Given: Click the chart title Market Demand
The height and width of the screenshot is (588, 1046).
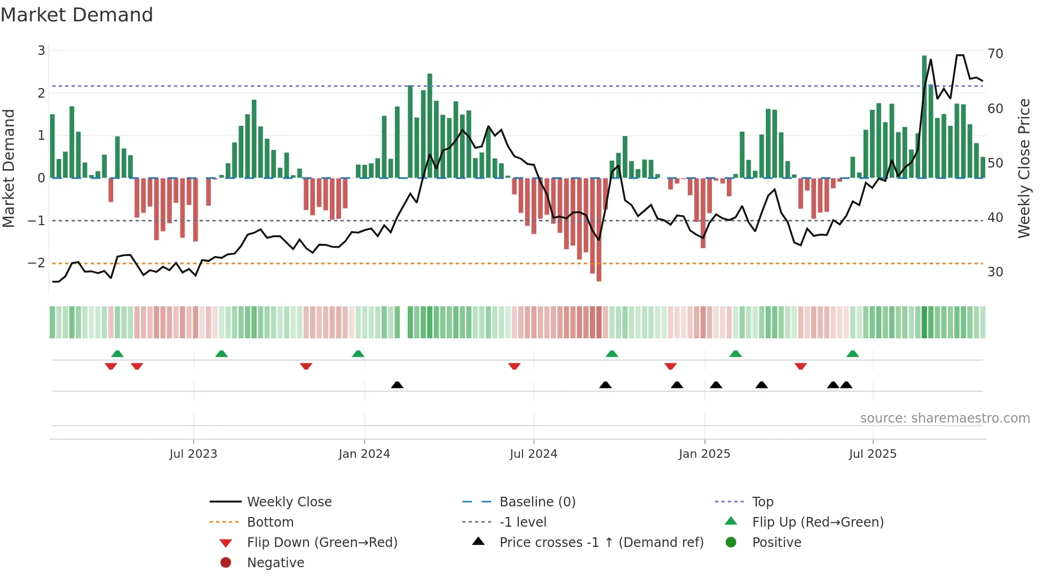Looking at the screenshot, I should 77,15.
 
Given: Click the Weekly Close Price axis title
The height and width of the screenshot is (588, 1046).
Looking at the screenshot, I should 1024,168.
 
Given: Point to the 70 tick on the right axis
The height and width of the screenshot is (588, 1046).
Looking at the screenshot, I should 995,54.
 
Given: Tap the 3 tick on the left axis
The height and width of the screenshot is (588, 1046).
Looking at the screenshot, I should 41,51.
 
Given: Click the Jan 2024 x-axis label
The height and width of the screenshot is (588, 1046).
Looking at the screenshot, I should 364,454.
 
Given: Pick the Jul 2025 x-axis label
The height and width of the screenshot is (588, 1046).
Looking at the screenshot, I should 873,454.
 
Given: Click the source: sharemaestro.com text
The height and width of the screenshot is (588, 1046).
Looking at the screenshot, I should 945,418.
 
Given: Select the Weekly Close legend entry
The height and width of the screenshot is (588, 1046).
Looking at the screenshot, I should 289,502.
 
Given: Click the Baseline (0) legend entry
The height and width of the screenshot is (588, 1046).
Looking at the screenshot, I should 537,502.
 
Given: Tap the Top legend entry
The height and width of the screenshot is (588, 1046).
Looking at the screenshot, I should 762,502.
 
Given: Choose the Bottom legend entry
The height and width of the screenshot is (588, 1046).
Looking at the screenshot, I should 270,522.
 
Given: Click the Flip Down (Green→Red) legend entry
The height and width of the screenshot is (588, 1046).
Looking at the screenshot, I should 322,543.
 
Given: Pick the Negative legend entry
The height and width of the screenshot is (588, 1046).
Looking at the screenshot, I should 275,563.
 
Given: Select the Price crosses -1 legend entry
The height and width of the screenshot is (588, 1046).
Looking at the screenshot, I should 601,543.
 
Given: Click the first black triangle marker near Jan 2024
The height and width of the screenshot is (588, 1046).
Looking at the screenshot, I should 397,385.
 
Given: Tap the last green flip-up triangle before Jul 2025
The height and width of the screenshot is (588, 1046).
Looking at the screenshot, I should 853,354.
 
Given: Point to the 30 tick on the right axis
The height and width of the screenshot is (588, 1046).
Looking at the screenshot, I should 995,272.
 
